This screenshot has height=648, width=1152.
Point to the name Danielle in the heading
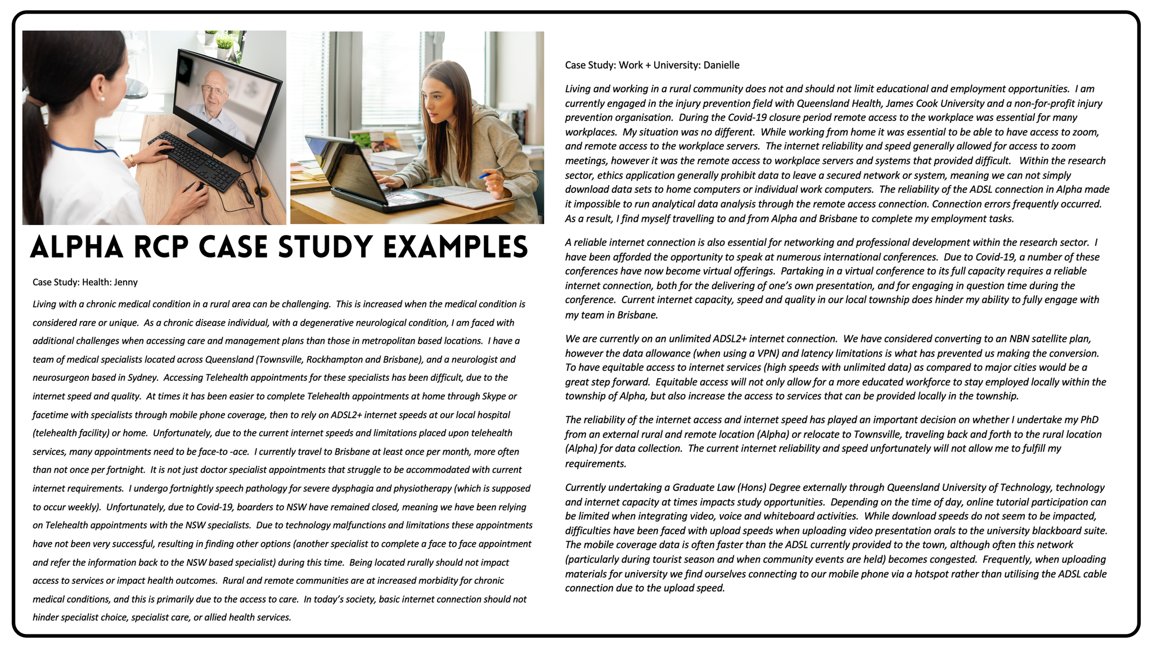721,65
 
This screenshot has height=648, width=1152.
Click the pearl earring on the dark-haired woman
102,99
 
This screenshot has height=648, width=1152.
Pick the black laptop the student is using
360,174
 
